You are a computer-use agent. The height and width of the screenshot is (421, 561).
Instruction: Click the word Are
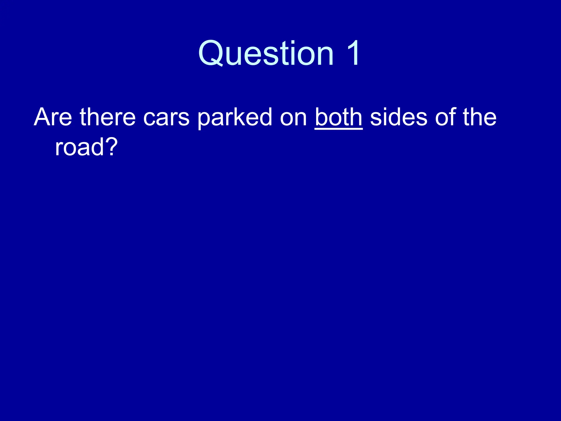point(53,117)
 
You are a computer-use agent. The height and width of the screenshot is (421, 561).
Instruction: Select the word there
point(108,117)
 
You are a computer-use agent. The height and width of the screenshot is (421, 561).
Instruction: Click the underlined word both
point(339,117)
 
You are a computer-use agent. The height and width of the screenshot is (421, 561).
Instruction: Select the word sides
point(399,117)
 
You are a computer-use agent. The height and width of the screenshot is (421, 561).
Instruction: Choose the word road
point(79,147)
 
